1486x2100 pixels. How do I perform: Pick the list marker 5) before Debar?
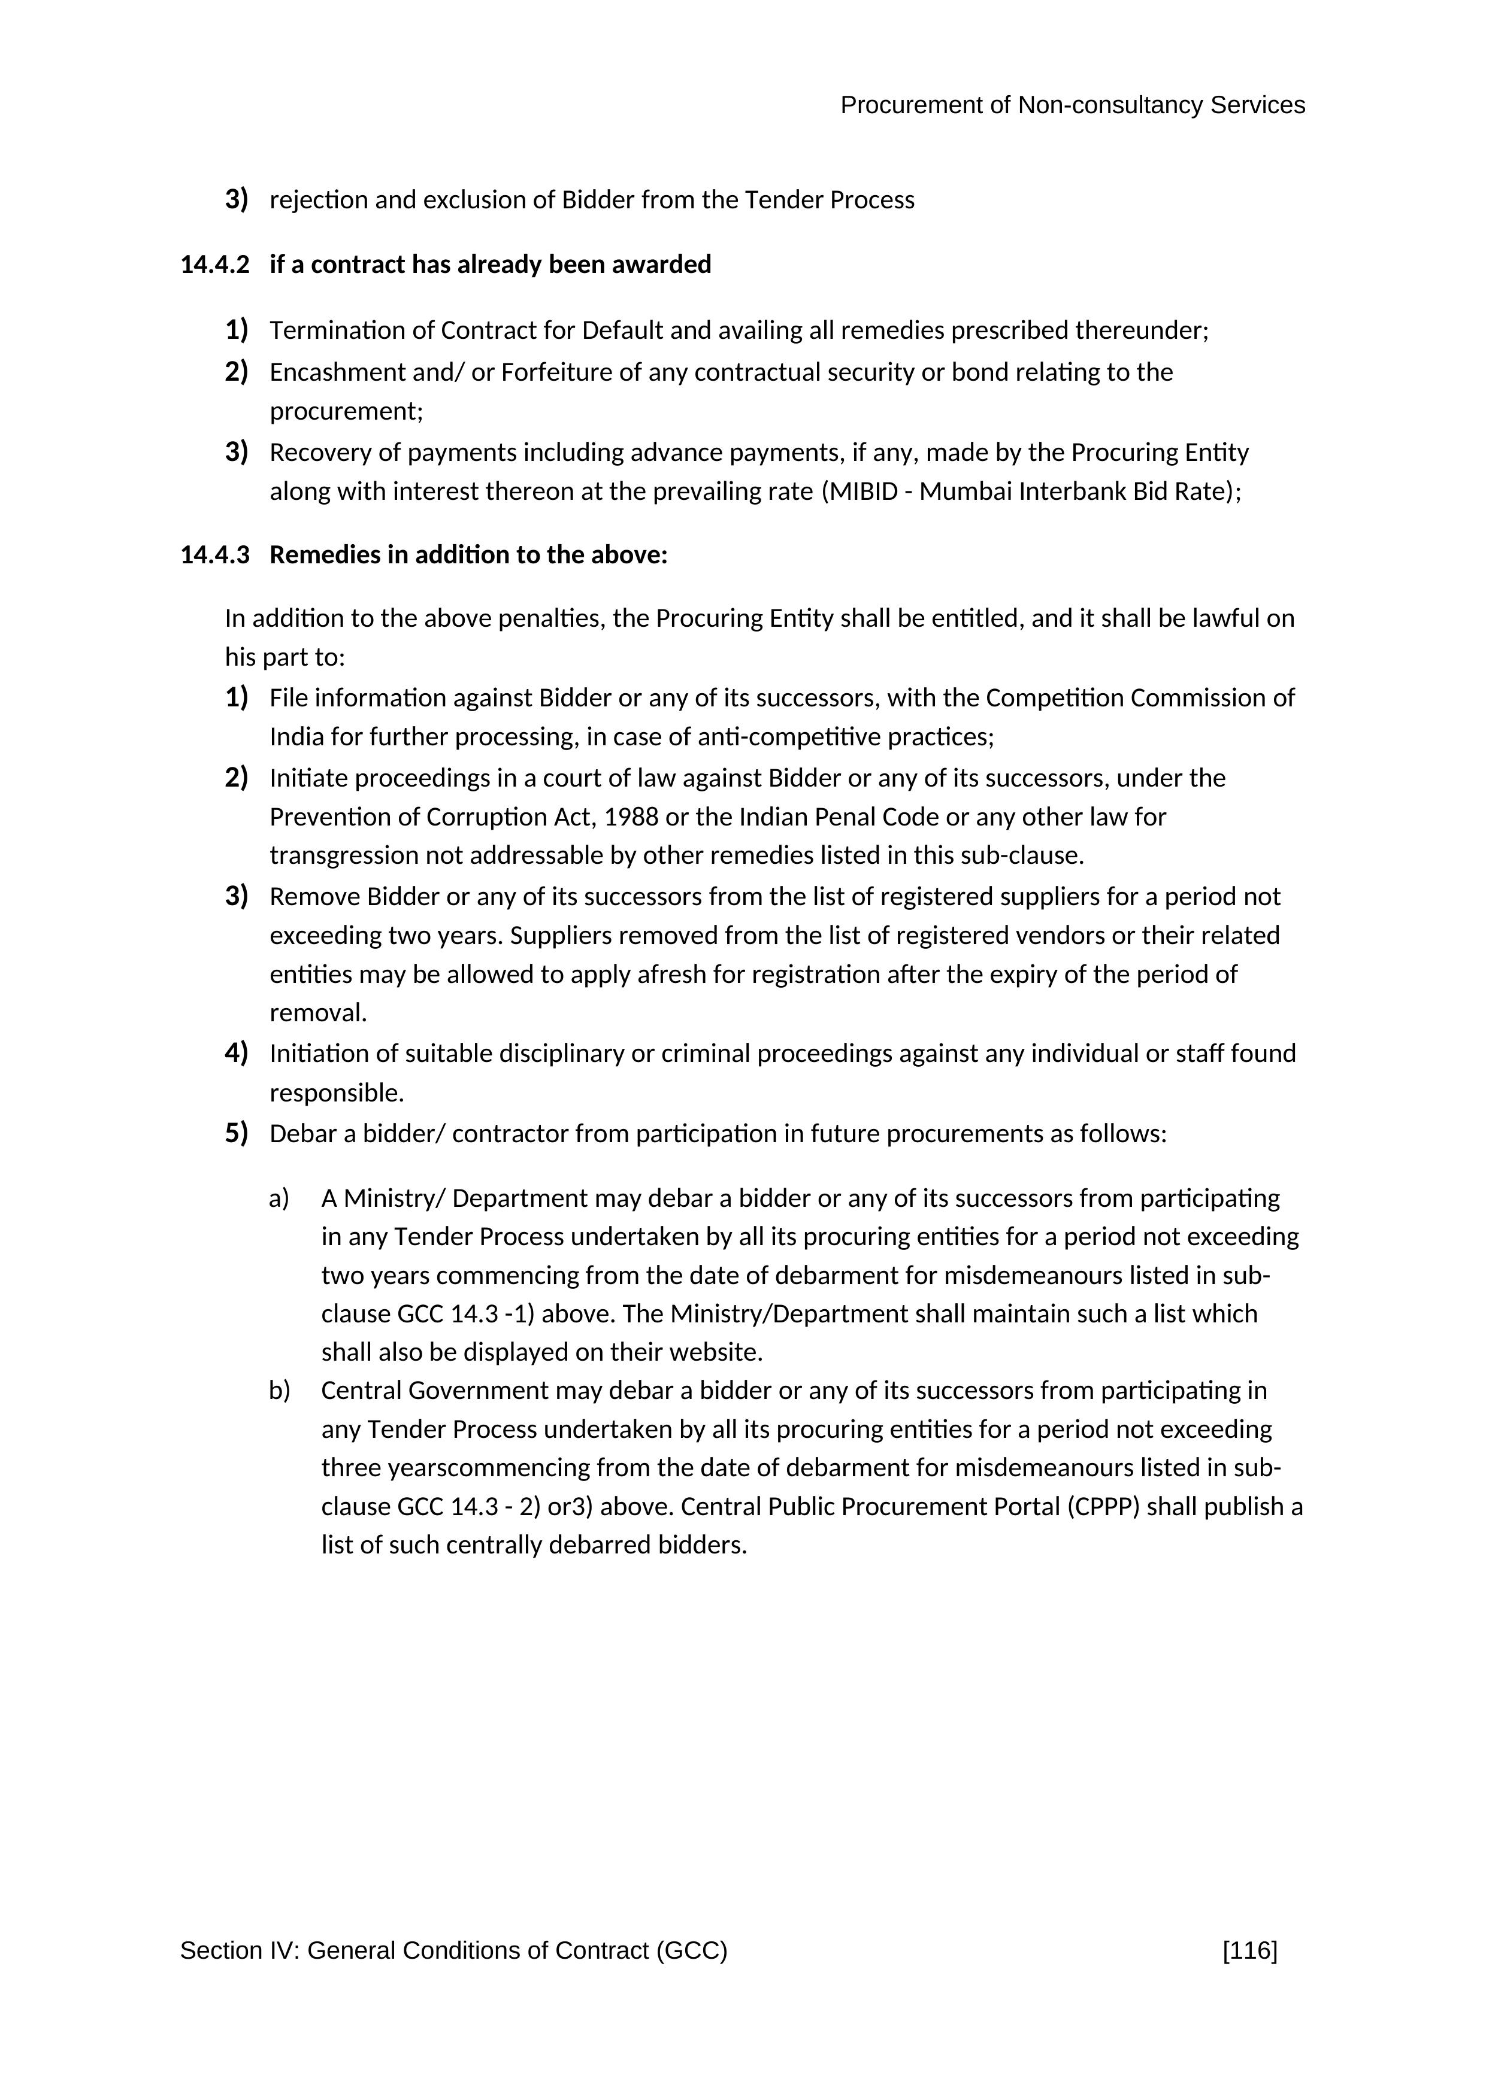pyautogui.click(x=236, y=1133)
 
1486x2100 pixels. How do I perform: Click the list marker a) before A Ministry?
pyautogui.click(x=279, y=1198)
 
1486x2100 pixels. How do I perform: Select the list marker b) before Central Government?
pyautogui.click(x=279, y=1391)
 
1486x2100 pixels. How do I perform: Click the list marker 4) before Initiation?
pyautogui.click(x=236, y=1053)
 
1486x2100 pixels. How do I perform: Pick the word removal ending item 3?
pyautogui.click(x=317, y=1013)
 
